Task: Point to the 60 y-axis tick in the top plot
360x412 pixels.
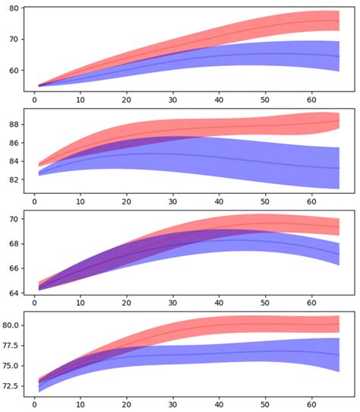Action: pyautogui.click(x=13, y=71)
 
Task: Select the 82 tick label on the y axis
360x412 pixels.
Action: pyautogui.click(x=13, y=179)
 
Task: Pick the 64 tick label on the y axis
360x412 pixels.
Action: pyautogui.click(x=13, y=292)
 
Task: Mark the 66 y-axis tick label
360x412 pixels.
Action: pyautogui.click(x=13, y=268)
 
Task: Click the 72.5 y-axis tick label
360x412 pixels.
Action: pyautogui.click(x=10, y=386)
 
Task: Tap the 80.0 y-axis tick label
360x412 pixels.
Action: pyautogui.click(x=10, y=325)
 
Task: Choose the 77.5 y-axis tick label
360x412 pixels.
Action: pyautogui.click(x=10, y=345)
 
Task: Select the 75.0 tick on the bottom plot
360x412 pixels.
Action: pyautogui.click(x=10, y=366)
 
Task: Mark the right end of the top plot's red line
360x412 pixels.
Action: pyautogui.click(x=339, y=21)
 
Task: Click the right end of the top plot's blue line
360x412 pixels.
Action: pyautogui.click(x=339, y=56)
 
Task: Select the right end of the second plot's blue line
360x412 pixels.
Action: pyautogui.click(x=339, y=168)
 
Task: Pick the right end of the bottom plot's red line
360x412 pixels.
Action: pyautogui.click(x=339, y=325)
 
